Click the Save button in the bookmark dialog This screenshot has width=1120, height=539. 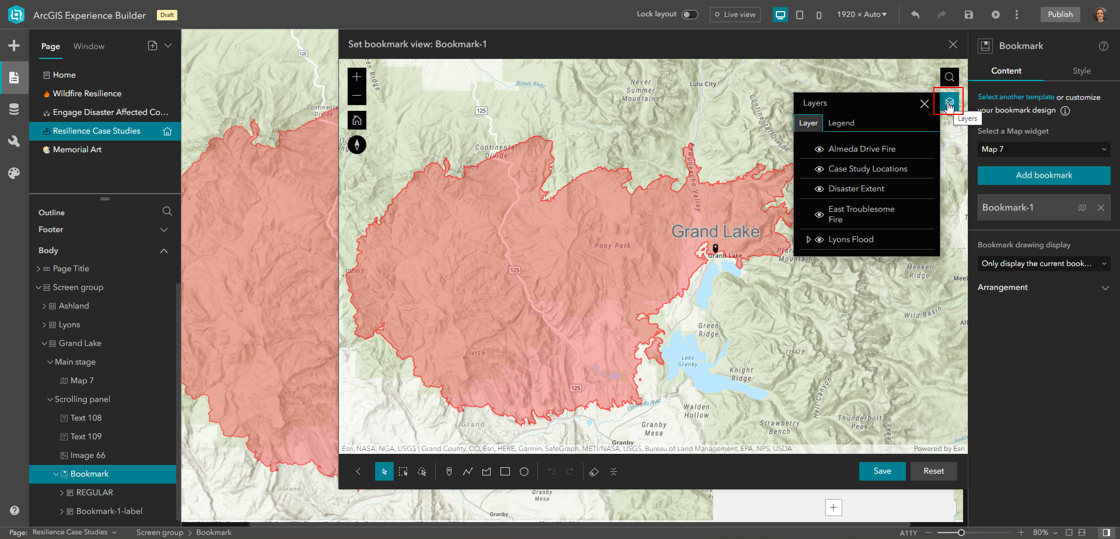coord(882,471)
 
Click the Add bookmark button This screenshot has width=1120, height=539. coord(1044,175)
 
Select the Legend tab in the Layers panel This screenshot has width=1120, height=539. coord(841,123)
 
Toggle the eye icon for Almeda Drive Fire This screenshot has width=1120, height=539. coord(819,149)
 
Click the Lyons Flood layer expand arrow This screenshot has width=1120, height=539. coord(808,240)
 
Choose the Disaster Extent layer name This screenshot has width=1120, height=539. coord(856,189)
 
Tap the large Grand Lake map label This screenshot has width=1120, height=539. coord(715,232)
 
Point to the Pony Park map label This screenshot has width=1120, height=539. coord(612,246)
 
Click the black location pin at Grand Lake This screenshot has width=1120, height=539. coord(715,248)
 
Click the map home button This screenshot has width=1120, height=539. coord(357,120)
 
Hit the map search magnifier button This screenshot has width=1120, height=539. coord(949,77)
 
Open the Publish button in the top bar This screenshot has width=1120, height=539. coord(1060,15)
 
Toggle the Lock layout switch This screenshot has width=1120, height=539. coord(689,15)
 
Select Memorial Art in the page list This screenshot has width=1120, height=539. coord(77,150)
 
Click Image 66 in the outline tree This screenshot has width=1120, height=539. coord(87,456)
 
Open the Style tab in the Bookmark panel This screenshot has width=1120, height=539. coord(1081,71)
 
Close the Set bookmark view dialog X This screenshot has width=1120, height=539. coord(953,44)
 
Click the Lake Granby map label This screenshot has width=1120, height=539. coord(688,361)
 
